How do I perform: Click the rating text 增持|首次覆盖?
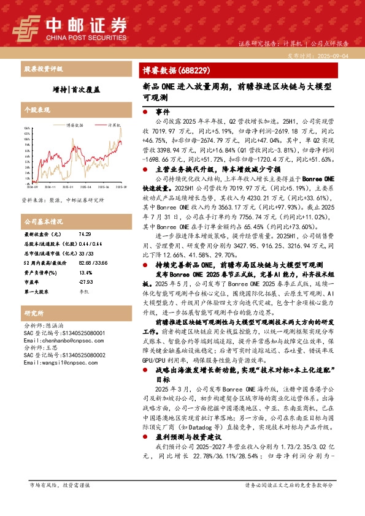tap(76, 89)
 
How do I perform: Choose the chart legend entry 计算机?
tap(113, 124)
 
